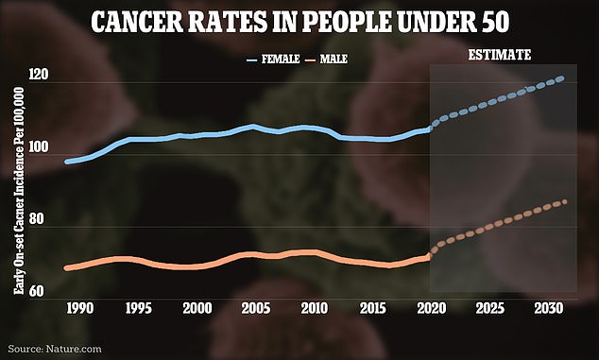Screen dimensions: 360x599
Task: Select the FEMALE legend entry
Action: [x=281, y=59]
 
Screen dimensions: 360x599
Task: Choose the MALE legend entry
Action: [x=334, y=59]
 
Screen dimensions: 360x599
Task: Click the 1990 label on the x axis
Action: [x=78, y=308]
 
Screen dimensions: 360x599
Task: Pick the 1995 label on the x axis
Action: [x=137, y=308]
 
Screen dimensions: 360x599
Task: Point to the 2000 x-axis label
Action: [x=196, y=308]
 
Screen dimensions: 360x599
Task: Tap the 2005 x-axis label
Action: [x=254, y=308]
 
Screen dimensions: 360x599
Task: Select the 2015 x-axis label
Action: [x=372, y=308]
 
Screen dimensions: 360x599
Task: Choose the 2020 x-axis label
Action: [x=431, y=308]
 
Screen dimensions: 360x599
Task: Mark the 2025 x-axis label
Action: [x=489, y=308]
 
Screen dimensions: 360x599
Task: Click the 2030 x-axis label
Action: [x=548, y=308]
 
